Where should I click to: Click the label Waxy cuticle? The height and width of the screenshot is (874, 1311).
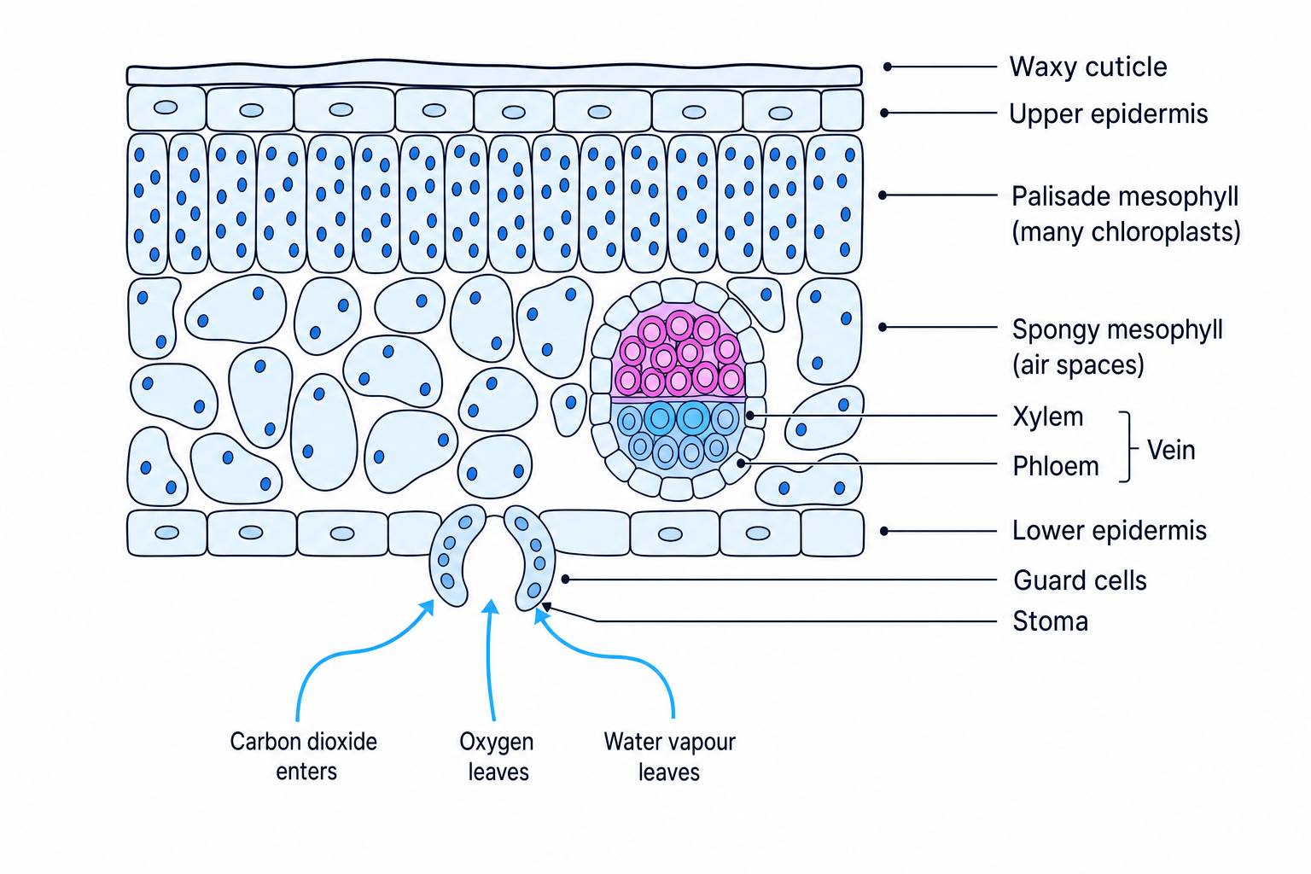(1088, 67)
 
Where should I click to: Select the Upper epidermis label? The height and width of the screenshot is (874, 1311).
(1108, 114)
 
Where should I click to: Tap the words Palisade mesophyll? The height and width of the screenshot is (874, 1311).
(1125, 196)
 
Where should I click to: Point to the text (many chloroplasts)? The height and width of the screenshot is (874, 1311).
(1126, 232)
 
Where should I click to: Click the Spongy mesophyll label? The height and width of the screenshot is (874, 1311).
(1117, 329)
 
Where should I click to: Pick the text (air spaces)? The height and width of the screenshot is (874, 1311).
(1078, 364)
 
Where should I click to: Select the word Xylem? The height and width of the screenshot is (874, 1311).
(1047, 417)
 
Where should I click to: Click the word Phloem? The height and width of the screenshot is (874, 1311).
(1056, 467)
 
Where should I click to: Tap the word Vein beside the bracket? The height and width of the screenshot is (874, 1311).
(1170, 450)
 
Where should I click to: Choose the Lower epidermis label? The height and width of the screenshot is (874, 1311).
(1110, 530)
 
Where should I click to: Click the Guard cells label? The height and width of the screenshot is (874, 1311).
(1080, 580)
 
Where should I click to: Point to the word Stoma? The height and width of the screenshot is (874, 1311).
(1051, 621)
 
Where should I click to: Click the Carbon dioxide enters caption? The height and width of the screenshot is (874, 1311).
(304, 756)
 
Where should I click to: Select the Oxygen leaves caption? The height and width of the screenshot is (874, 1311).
(497, 756)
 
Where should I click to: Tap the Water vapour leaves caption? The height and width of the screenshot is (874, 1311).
(669, 756)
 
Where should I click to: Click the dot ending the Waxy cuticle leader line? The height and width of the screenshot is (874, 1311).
(888, 67)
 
